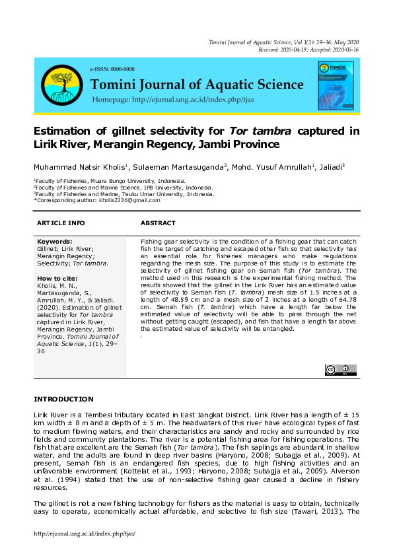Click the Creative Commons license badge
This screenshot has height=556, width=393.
(x=340, y=370)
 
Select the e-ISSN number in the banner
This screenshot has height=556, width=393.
(x=112, y=69)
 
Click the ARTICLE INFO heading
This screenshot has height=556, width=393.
(x=61, y=223)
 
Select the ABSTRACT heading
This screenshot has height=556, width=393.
(x=158, y=223)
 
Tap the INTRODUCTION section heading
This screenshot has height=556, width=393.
(x=63, y=399)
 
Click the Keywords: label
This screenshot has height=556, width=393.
(x=55, y=242)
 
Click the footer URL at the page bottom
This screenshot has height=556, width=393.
(x=84, y=534)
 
